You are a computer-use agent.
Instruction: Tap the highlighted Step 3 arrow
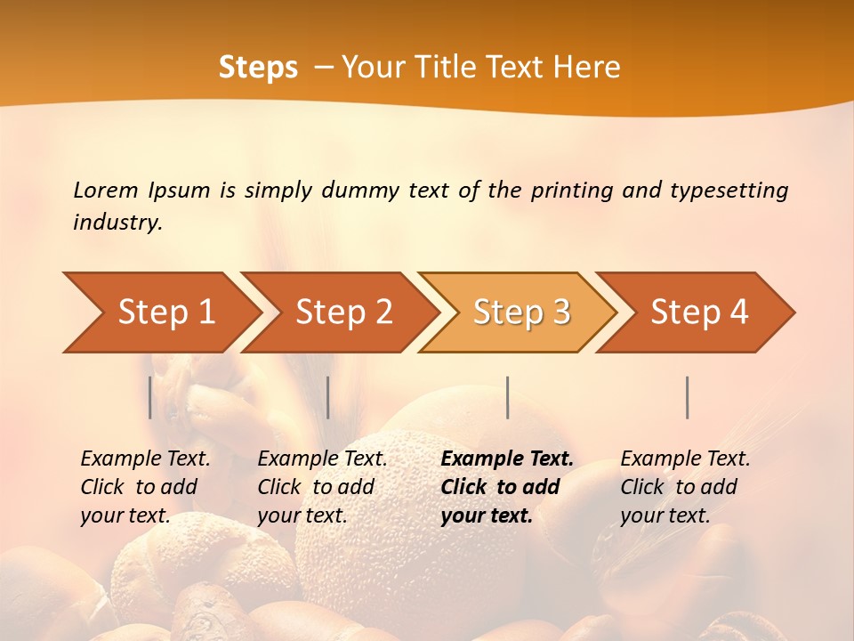tap(521, 312)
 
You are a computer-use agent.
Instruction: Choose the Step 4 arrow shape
tap(699, 312)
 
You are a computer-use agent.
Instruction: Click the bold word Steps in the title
tap(258, 68)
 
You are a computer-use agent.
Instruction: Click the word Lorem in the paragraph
tap(106, 190)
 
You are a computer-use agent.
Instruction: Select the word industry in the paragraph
tap(117, 223)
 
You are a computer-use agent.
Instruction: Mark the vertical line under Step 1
tap(150, 397)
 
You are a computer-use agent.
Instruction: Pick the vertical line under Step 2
tap(328, 397)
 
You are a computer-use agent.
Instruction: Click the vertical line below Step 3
tap(508, 397)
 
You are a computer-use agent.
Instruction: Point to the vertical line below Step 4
tap(688, 397)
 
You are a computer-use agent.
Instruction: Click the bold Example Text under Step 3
tap(507, 459)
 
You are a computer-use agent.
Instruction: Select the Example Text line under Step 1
tap(145, 459)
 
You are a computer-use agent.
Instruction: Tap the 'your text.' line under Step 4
tap(665, 515)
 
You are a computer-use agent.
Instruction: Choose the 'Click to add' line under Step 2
tap(316, 488)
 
